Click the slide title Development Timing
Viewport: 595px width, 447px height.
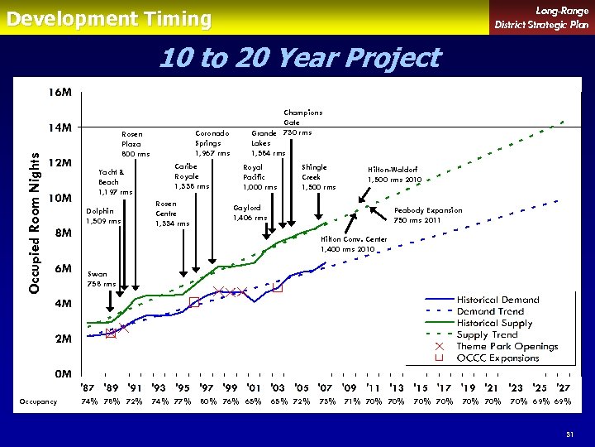tap(109, 18)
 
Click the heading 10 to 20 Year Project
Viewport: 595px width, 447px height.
tap(298, 58)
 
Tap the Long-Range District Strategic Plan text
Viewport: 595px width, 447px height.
tap(541, 17)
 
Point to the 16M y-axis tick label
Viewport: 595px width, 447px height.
tap(57, 93)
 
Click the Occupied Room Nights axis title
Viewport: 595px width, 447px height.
tap(35, 215)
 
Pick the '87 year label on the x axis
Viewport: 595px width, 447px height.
tap(88, 387)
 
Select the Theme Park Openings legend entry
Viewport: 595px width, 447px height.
tap(507, 346)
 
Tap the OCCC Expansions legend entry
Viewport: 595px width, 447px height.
tap(497, 358)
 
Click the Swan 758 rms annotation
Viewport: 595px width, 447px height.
tap(102, 279)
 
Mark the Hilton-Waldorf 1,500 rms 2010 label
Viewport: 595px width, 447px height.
tap(394, 175)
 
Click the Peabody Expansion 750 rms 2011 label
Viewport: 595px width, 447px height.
tap(427, 215)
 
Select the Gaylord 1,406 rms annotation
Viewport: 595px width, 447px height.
tap(250, 213)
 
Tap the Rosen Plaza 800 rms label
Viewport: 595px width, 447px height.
tap(136, 144)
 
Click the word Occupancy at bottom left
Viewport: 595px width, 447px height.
tap(38, 401)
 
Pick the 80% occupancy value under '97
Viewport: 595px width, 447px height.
tap(208, 401)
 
